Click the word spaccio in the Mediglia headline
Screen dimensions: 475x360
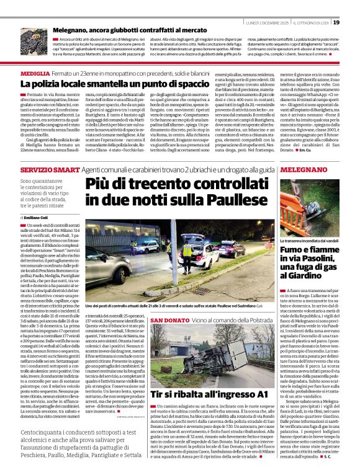(189, 83)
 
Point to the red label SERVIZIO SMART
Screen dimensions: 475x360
(40, 169)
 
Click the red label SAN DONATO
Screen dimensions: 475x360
(166, 319)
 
